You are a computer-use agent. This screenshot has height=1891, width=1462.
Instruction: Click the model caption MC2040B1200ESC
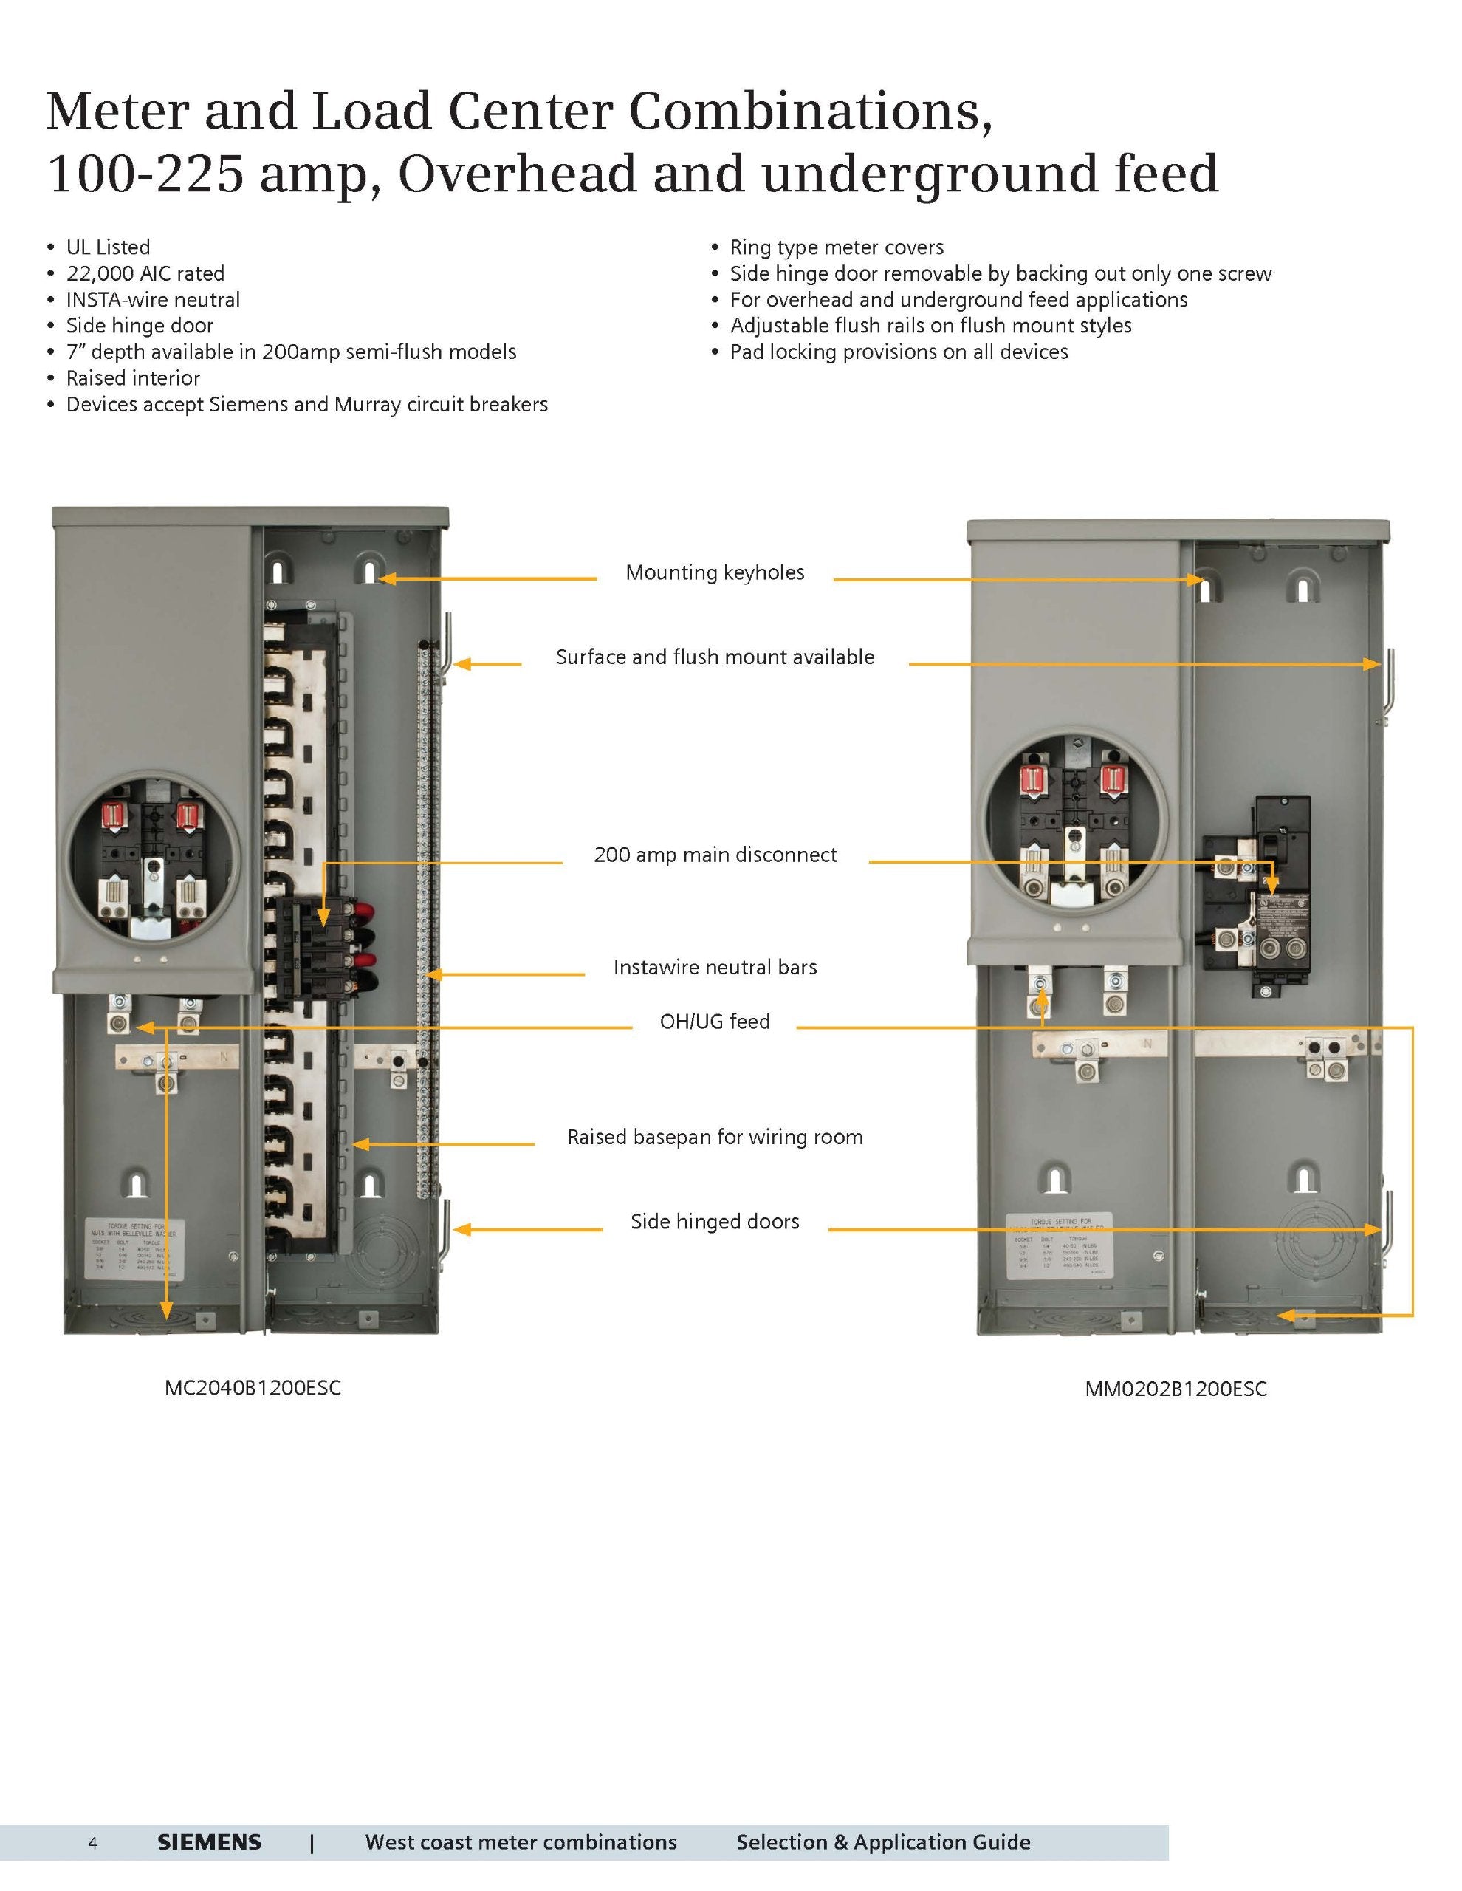click(x=253, y=1388)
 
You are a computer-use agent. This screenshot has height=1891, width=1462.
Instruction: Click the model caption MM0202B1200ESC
click(x=1176, y=1389)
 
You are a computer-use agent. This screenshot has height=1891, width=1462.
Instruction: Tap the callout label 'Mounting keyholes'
click(x=715, y=572)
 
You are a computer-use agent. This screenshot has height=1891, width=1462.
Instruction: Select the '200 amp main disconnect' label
click(x=715, y=855)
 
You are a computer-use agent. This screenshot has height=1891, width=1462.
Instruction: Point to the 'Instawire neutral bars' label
click(x=715, y=967)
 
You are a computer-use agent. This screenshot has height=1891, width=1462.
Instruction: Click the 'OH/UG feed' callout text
click(x=715, y=1022)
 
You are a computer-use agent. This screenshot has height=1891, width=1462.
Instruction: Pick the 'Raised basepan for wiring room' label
click(x=715, y=1137)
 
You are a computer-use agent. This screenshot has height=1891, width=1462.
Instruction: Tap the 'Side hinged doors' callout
click(x=715, y=1222)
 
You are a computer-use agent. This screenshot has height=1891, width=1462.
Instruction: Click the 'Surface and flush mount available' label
click(x=715, y=657)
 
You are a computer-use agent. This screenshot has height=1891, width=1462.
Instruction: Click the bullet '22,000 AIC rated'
click(x=145, y=273)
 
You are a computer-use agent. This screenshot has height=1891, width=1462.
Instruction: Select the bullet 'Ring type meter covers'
click(x=836, y=247)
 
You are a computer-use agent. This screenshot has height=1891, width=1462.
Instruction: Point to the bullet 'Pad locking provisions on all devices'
click(x=899, y=352)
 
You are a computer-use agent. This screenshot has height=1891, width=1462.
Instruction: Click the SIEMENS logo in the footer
click(x=209, y=1842)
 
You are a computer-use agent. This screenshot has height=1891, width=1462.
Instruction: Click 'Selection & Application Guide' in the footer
click(x=883, y=1842)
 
